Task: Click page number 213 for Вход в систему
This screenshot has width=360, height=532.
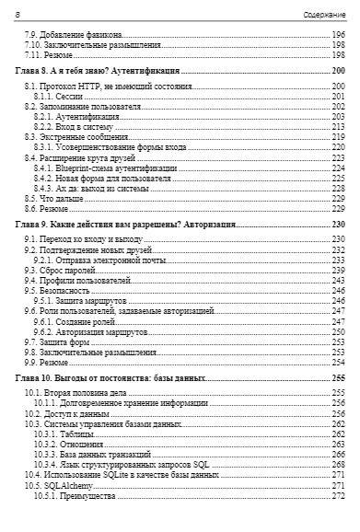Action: (338, 127)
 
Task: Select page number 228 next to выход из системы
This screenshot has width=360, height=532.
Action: (338, 189)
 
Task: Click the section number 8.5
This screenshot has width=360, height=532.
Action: (29, 199)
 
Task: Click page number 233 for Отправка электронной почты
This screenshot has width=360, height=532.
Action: (338, 260)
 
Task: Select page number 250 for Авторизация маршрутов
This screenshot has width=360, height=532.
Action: (338, 331)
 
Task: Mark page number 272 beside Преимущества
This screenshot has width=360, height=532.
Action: (338, 495)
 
